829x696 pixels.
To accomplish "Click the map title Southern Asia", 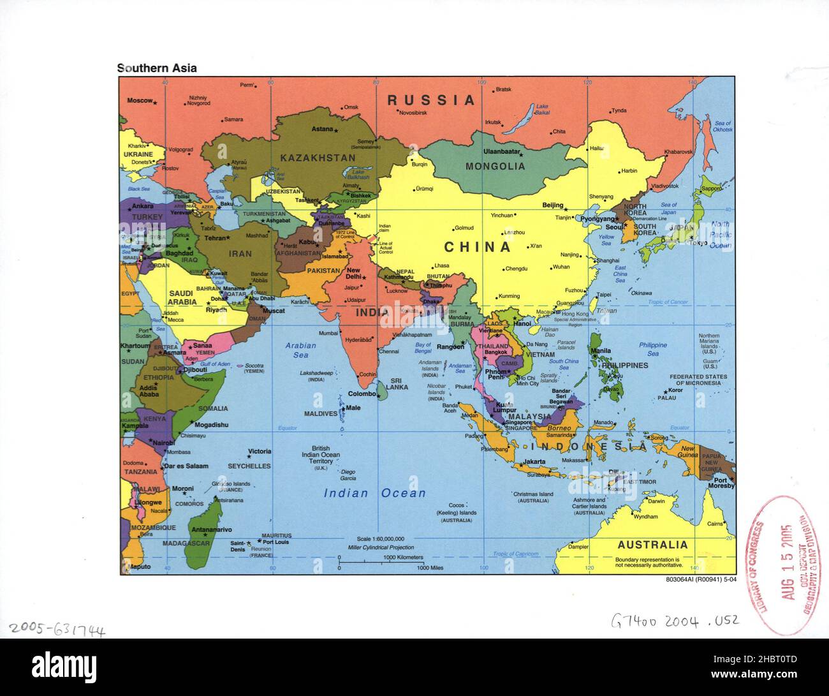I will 157,68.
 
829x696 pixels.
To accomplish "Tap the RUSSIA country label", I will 432,100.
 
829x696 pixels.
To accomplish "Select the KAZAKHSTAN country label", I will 318,158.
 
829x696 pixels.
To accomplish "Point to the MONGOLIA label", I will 495,167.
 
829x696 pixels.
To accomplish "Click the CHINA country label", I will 478,247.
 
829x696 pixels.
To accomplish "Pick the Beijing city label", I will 553,205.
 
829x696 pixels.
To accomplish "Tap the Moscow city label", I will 140,100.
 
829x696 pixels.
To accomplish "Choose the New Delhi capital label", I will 353,274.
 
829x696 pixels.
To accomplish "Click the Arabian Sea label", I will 300,350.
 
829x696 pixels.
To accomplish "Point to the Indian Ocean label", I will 374,492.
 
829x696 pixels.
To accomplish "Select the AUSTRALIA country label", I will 652,545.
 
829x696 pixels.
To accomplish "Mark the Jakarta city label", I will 534,462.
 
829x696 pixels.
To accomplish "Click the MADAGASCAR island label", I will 186,544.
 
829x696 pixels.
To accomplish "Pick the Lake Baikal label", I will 542,110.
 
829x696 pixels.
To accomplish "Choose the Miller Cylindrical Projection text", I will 381,547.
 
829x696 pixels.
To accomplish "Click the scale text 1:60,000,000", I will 381,539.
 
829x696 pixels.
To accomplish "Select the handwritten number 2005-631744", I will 57,630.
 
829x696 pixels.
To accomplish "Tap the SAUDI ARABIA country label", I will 182,297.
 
